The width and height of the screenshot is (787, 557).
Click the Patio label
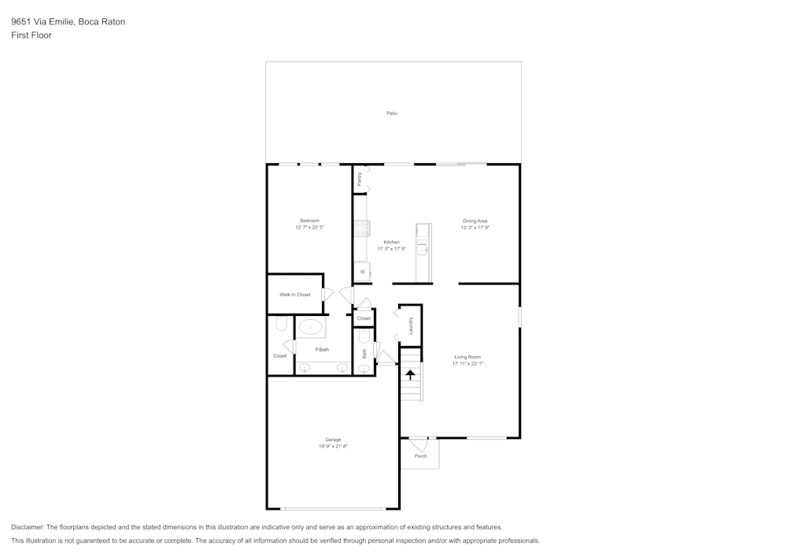click(x=392, y=113)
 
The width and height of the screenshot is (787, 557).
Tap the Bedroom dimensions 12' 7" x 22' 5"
click(x=310, y=227)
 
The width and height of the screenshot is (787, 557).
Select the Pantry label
click(x=359, y=179)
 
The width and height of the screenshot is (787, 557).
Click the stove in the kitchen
click(x=362, y=228)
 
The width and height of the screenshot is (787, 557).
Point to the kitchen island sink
click(x=423, y=249)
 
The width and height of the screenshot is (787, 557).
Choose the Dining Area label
click(x=475, y=221)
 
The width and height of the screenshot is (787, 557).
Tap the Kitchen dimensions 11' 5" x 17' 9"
click(x=392, y=249)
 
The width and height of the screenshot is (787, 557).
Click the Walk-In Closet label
click(x=295, y=295)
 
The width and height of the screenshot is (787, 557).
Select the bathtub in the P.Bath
click(x=311, y=327)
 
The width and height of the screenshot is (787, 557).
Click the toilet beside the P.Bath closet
click(x=281, y=324)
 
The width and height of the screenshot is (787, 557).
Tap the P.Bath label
click(x=322, y=349)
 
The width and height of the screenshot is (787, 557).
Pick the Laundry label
click(x=411, y=325)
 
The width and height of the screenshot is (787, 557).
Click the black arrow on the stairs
click(x=410, y=375)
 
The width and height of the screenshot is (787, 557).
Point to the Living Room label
click(x=467, y=357)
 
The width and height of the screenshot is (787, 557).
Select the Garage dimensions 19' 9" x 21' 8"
click(x=333, y=446)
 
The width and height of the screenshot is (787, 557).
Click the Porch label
click(x=420, y=456)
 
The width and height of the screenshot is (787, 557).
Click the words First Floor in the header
click(x=31, y=35)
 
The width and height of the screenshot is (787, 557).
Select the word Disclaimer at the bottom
click(x=28, y=527)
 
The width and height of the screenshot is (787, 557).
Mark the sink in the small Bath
click(x=364, y=368)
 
